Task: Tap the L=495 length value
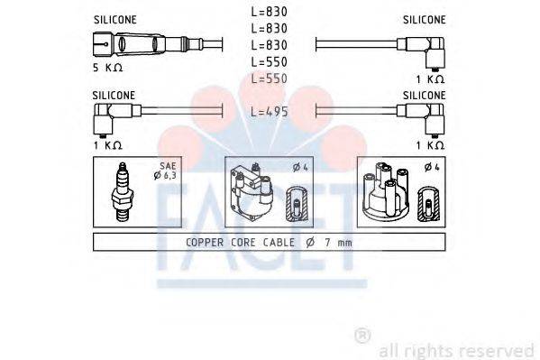(x=269, y=111)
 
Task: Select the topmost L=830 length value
(x=269, y=13)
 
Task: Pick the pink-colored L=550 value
(x=269, y=78)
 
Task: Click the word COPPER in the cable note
(x=206, y=243)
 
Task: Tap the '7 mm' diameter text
(x=339, y=243)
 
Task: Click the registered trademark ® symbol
(x=362, y=336)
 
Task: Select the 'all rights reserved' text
(x=456, y=349)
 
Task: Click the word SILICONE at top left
(x=114, y=18)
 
